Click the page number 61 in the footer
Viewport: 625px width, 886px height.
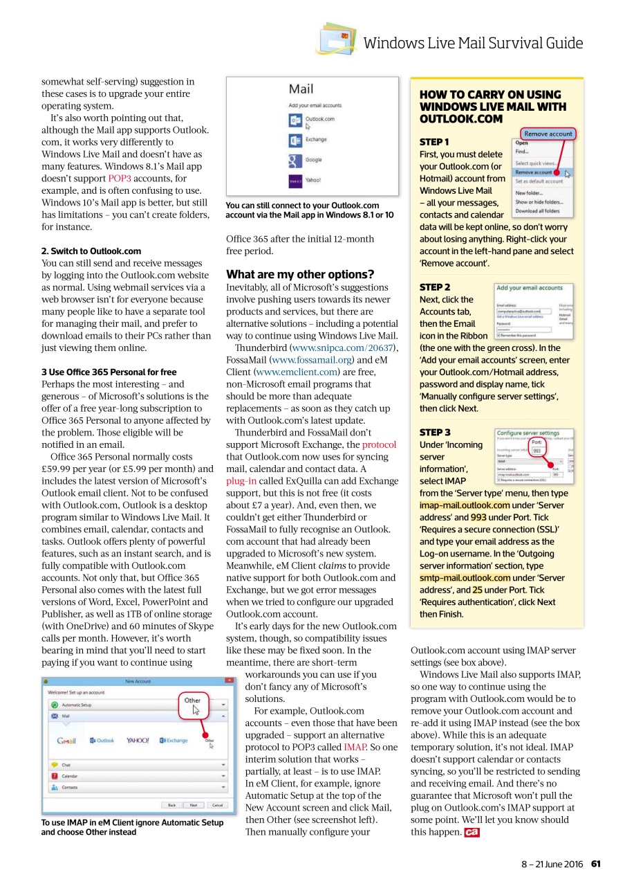click(x=595, y=863)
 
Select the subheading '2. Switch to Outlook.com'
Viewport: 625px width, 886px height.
click(x=91, y=251)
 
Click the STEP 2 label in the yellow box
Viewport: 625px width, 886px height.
click(x=435, y=287)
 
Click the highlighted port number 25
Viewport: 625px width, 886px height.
click(x=477, y=590)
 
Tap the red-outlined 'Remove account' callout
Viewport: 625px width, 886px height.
click(x=548, y=134)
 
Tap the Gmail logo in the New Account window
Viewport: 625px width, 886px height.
click(x=66, y=741)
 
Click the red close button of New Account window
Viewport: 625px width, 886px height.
click(x=230, y=681)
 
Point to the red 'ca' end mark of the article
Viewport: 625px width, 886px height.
click(x=472, y=833)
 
